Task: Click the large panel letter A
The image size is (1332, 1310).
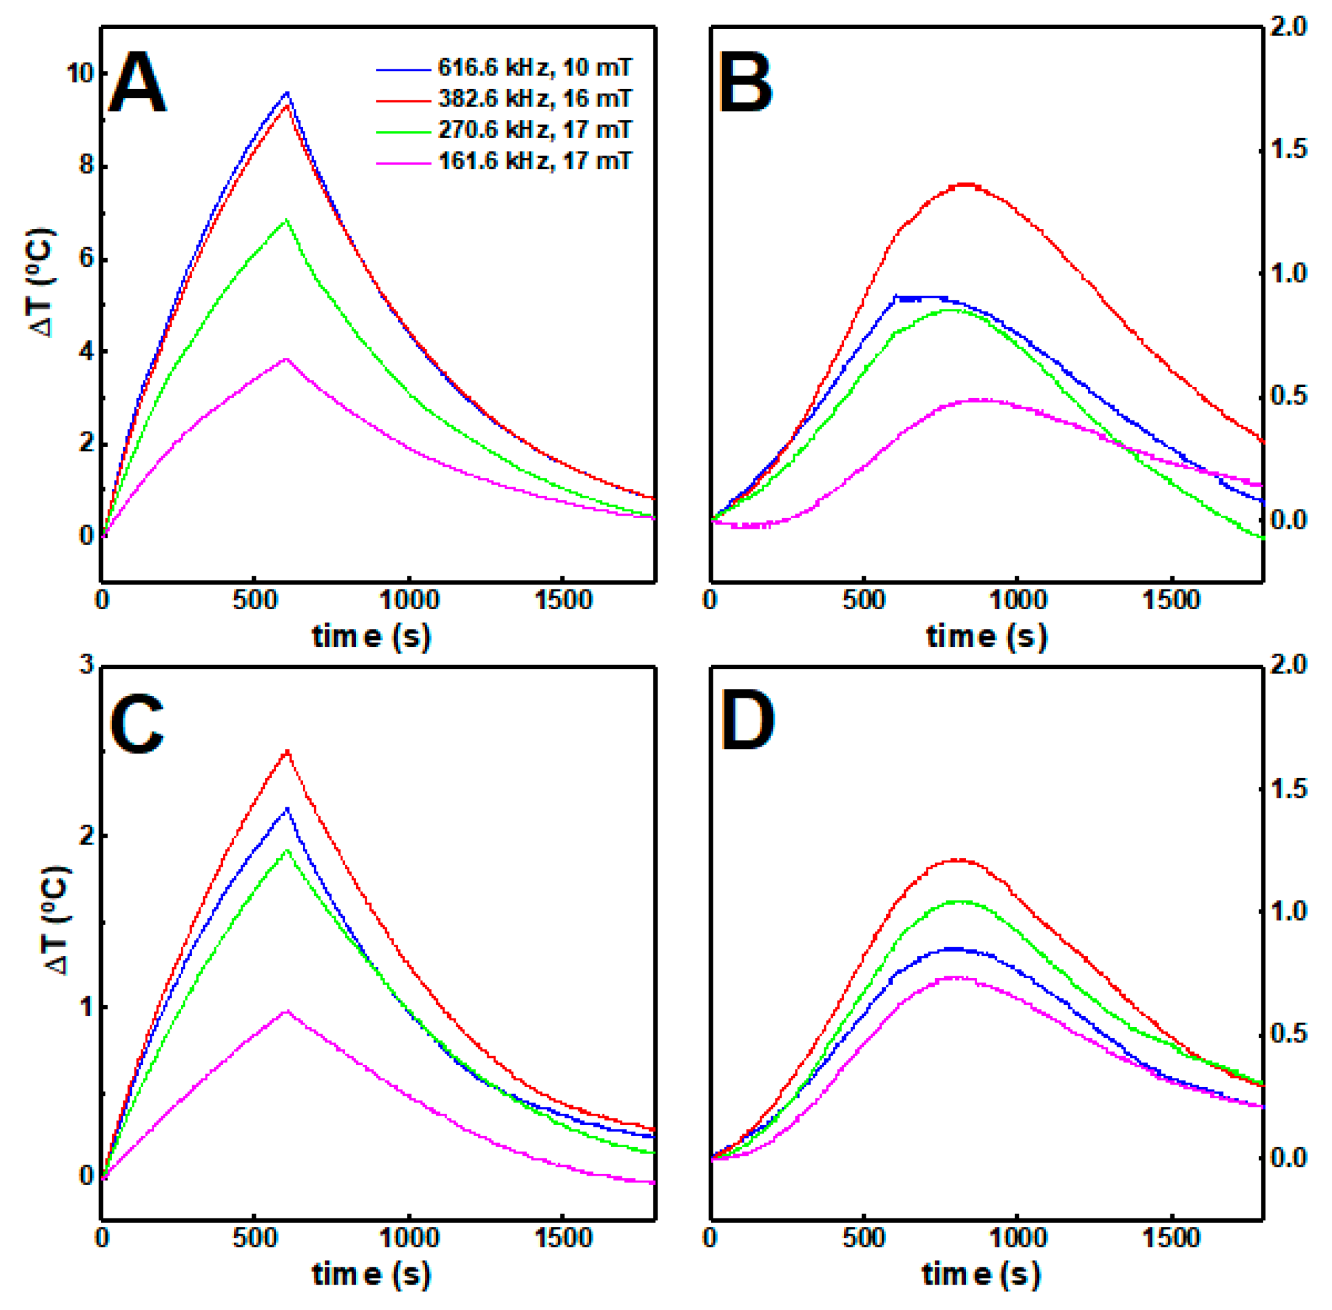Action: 137,84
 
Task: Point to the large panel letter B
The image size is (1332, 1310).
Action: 745,84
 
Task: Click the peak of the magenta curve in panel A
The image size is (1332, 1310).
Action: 286,359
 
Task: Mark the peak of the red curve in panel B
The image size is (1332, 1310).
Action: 967,184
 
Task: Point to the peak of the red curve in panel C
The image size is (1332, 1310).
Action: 287,750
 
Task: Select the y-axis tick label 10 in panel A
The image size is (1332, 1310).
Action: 80,73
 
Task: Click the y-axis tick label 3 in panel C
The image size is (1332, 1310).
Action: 86,666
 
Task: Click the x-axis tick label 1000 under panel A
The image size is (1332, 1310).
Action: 409,601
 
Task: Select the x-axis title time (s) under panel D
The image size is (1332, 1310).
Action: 981,1275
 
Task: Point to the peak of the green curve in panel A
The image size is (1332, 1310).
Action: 286,220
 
